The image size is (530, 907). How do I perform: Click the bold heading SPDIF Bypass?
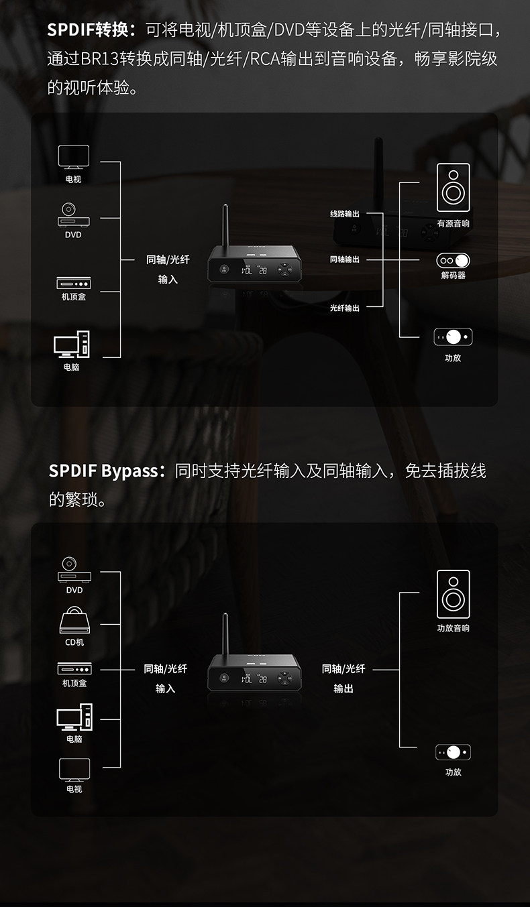click(x=102, y=471)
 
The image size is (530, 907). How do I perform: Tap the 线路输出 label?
click(x=345, y=214)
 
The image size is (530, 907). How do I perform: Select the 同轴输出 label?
click(x=345, y=259)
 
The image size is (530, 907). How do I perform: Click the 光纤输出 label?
click(x=345, y=308)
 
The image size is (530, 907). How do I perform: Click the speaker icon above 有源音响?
click(x=454, y=187)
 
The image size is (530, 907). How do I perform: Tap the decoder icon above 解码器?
click(x=454, y=260)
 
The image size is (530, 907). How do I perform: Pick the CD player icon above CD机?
click(x=74, y=620)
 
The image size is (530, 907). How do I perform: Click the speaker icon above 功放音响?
click(x=454, y=594)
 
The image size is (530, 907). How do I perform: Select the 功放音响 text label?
click(x=454, y=628)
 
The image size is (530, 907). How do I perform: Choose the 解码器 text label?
click(x=454, y=275)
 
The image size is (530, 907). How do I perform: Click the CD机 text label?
click(x=74, y=642)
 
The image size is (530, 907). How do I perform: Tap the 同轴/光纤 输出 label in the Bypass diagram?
click(x=343, y=678)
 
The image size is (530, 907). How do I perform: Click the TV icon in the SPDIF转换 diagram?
click(x=73, y=158)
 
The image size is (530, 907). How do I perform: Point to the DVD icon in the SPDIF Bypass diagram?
click(x=74, y=569)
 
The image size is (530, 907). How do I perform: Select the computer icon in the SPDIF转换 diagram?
click(x=72, y=345)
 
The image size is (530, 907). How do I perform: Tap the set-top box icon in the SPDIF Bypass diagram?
click(x=74, y=668)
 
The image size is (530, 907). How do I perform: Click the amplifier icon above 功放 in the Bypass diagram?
click(x=454, y=752)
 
